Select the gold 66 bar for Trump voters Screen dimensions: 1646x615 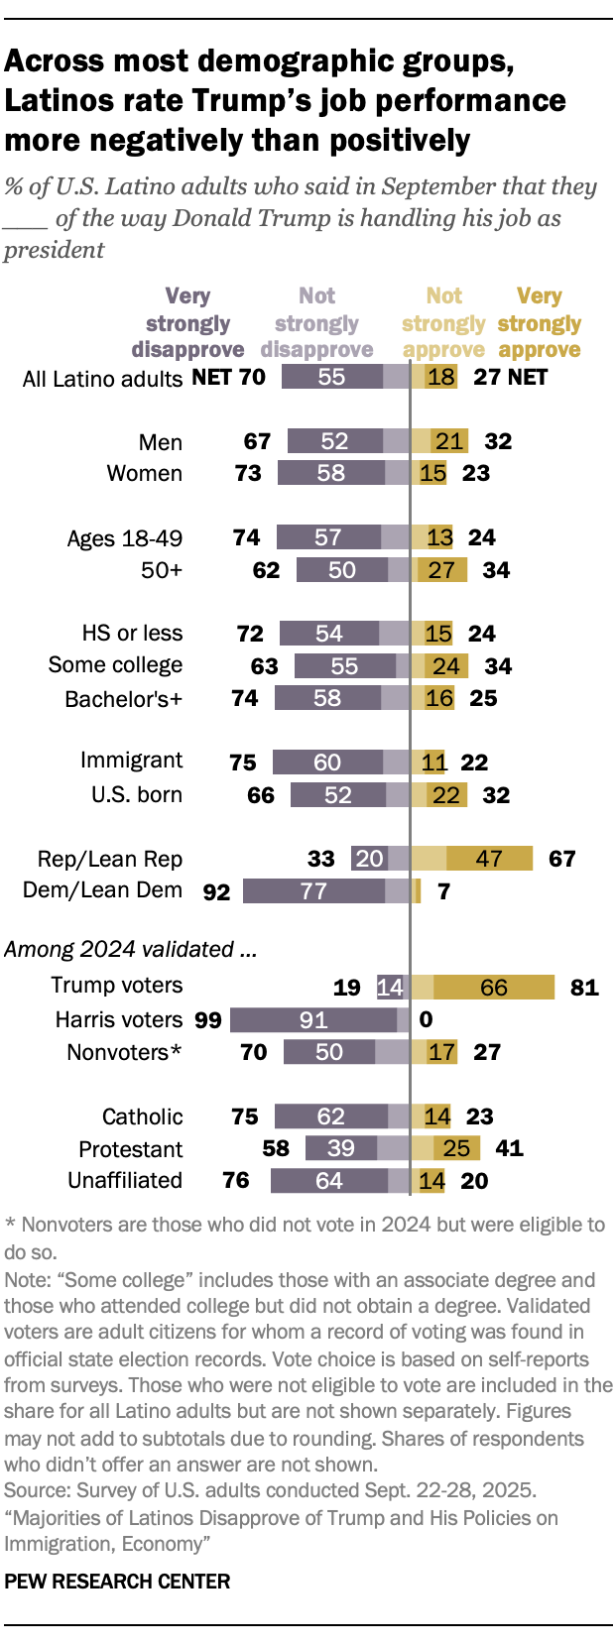[x=494, y=987]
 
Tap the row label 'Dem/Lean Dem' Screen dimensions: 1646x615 [x=102, y=890]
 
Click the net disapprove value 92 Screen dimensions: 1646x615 [x=216, y=891]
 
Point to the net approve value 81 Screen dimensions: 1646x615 [x=584, y=987]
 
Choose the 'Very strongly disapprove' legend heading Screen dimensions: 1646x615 [x=187, y=323]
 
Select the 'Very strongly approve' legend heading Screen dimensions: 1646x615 [x=539, y=323]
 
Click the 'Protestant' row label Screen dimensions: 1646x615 [x=131, y=1149]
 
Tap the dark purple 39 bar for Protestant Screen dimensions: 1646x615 [x=341, y=1148]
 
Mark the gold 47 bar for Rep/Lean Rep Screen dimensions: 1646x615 [x=489, y=859]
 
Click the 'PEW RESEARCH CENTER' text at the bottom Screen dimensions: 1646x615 [x=117, y=1582]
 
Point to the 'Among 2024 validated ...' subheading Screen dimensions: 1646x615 [x=131, y=949]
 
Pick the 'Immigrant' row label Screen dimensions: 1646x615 [x=131, y=761]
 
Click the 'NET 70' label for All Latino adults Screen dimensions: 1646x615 [x=228, y=377]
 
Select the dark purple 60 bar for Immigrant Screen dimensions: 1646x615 [x=327, y=762]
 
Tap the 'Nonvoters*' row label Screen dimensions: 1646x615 [x=124, y=1052]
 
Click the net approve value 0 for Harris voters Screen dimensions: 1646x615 [x=427, y=1019]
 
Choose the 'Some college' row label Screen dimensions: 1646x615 [x=115, y=664]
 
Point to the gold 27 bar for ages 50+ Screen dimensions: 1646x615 [x=442, y=570]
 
